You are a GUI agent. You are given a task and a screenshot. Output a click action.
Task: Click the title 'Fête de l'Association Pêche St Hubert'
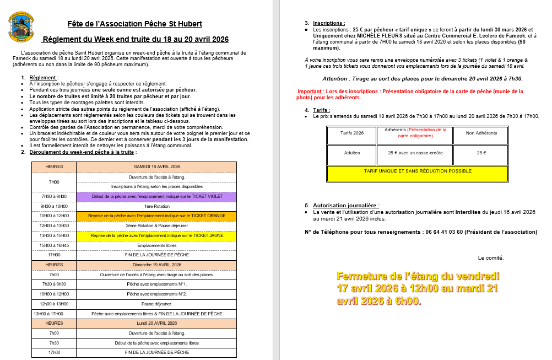click(134, 24)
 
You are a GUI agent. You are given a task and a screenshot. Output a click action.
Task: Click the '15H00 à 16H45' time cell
click(54, 245)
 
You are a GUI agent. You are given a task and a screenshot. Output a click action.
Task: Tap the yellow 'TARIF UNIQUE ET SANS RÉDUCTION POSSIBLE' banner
click(418, 171)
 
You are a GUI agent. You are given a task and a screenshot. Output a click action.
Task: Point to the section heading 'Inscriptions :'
click(328, 23)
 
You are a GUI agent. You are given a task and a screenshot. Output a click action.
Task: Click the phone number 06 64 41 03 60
click(444, 232)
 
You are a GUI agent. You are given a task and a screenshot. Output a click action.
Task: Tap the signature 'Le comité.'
click(490, 257)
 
